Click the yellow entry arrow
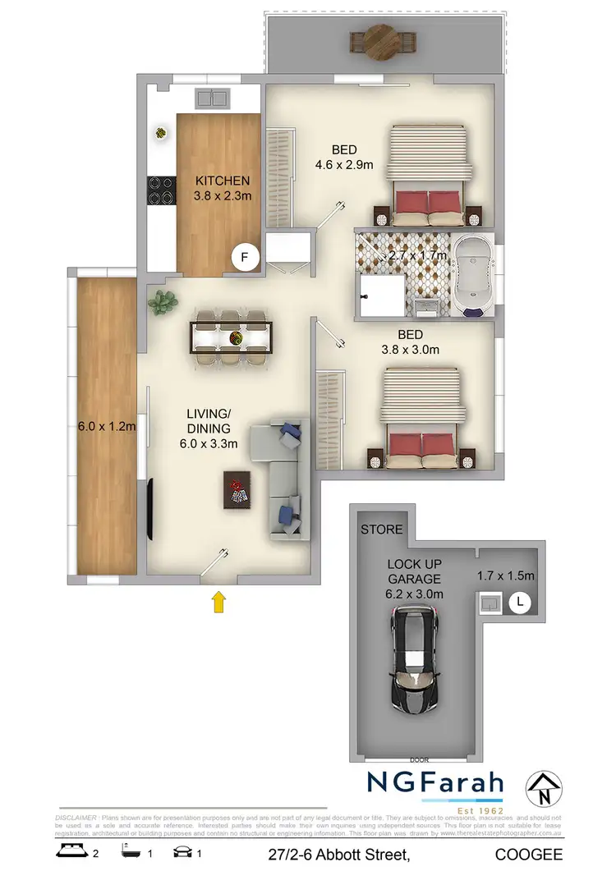click(219, 603)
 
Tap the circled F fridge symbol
click(243, 258)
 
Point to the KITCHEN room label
click(217, 181)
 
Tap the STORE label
click(382, 529)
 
